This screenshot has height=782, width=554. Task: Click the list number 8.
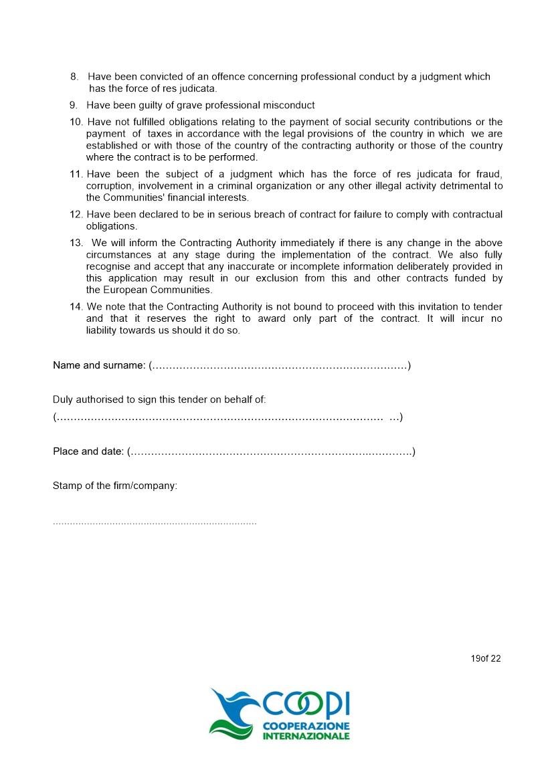(74, 77)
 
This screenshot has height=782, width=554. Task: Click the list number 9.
(74, 105)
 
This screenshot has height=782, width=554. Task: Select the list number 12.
(76, 214)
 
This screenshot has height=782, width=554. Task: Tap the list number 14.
(76, 306)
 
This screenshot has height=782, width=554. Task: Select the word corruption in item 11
(109, 186)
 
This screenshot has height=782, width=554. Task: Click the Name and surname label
(99, 365)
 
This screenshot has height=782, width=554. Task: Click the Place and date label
(88, 452)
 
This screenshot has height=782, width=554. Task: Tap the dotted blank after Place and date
(270, 452)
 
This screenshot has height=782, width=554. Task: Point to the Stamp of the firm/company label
(115, 486)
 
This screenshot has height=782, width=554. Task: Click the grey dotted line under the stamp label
(155, 522)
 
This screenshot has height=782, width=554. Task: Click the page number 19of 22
(486, 658)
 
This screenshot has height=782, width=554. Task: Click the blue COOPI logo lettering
(306, 704)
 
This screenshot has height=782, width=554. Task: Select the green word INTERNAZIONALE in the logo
(306, 736)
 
